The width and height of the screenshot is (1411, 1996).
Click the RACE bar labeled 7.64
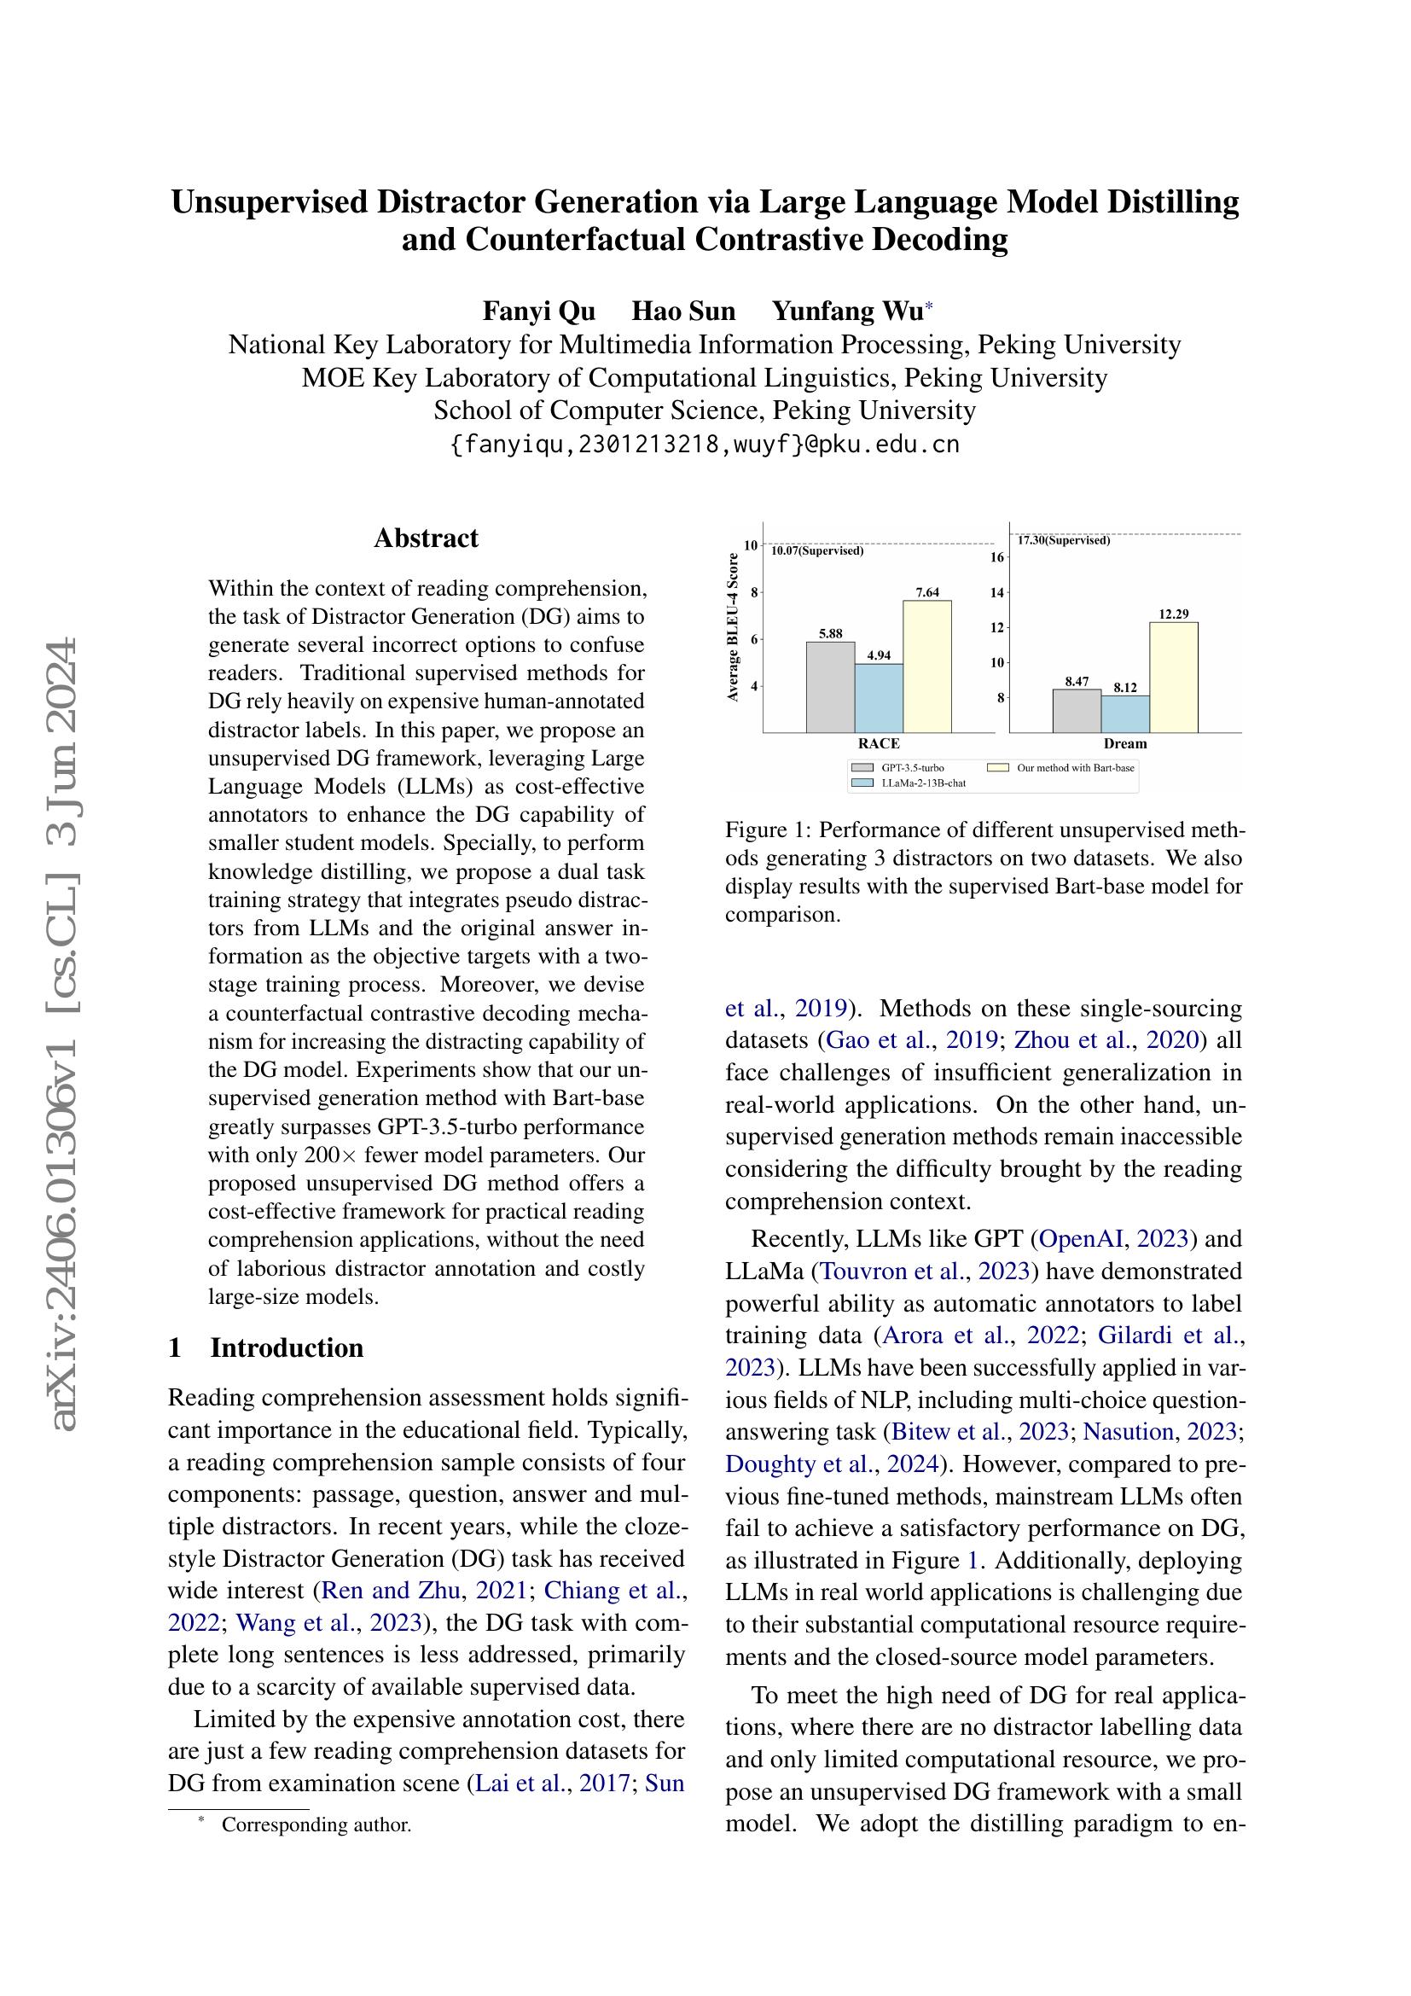(926, 666)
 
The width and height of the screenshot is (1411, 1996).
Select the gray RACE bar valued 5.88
(830, 687)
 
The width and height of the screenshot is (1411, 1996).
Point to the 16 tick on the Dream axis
(997, 557)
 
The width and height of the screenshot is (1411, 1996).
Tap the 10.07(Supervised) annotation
(816, 551)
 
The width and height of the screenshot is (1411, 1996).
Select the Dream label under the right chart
(1125, 743)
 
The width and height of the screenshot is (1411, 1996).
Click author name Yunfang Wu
(846, 311)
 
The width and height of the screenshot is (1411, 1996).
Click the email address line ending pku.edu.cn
(705, 445)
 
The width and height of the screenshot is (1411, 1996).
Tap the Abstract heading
(426, 538)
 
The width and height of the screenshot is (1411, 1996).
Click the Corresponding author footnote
(316, 1824)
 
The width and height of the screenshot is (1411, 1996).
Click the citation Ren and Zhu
(390, 1590)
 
